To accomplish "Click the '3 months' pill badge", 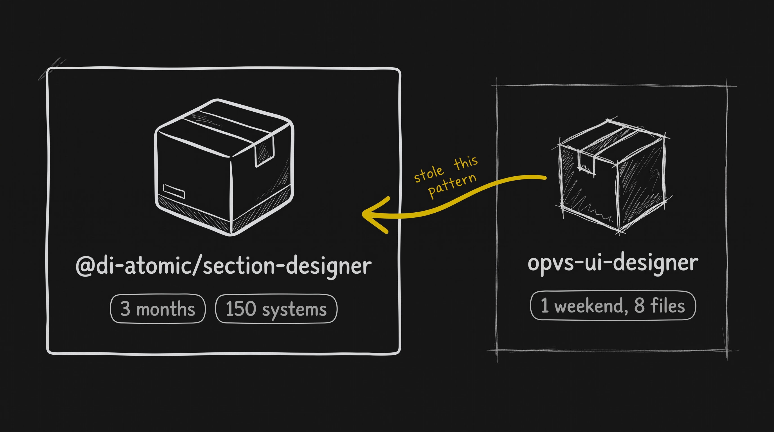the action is tap(158, 309).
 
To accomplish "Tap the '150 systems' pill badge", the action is tap(276, 309).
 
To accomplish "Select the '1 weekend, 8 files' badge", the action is tap(613, 305).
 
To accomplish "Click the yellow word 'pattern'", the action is tap(452, 185).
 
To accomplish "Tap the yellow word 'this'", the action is tap(466, 163).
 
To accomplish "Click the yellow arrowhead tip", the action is tap(363, 214).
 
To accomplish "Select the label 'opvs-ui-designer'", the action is tap(613, 264).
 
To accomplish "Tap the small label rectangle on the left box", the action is tap(174, 191).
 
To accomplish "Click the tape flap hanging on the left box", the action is tap(265, 152).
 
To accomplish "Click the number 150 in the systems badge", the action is tap(241, 309).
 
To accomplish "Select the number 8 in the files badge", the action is tap(639, 305).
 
